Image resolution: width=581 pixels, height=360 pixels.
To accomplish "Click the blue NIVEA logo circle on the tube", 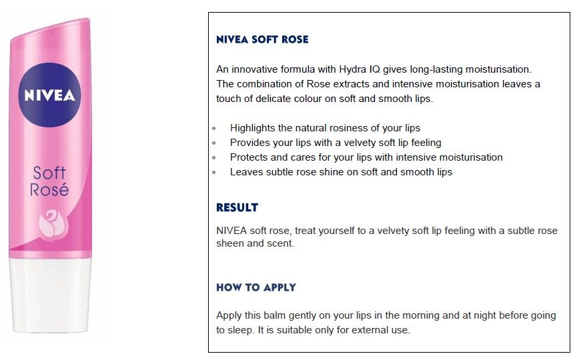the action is pos(49,95).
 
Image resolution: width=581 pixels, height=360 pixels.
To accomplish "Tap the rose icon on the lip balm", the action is pos(53,223).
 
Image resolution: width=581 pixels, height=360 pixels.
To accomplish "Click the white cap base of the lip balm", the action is pos(51,294).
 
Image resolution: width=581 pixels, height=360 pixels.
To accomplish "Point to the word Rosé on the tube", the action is pos(49,189).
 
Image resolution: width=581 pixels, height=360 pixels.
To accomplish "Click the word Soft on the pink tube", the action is pos(49,173).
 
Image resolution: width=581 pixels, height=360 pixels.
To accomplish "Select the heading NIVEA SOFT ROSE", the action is pos(262,39).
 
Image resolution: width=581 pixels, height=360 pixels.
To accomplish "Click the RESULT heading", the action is pos(237,207).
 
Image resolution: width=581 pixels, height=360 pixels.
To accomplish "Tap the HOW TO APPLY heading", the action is pos(256,287).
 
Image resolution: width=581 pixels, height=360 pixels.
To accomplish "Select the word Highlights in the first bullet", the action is pos(253,128).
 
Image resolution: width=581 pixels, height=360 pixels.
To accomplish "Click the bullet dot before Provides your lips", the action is pos(214,143).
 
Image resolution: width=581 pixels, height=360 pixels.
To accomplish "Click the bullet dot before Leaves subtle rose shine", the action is pos(214,172).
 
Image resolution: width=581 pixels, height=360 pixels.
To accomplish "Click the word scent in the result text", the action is pos(283,243).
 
